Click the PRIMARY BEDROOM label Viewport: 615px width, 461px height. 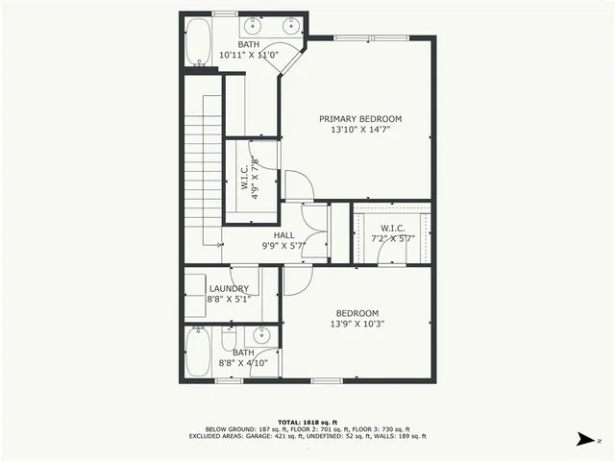pos(360,119)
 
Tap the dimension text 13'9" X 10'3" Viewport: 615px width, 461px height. pos(357,324)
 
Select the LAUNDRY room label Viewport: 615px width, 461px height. pos(229,288)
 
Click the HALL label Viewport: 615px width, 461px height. pos(283,234)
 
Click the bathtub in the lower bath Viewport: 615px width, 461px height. pos(197,352)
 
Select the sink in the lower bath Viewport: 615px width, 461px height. pos(260,337)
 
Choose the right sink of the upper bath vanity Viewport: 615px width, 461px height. pos(289,27)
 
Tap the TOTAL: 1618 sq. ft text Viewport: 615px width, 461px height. pos(307,422)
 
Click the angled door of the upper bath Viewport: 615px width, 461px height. pos(291,54)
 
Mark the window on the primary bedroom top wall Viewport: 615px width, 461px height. pos(371,37)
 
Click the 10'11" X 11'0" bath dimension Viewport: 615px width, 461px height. pos(249,55)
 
